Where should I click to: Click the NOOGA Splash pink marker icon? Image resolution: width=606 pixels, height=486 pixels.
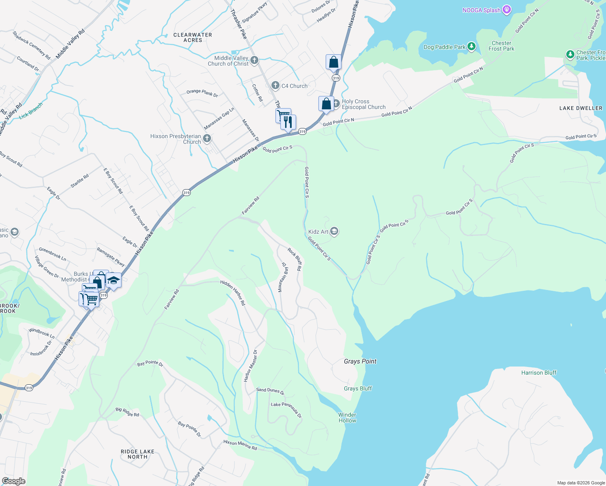(506, 10)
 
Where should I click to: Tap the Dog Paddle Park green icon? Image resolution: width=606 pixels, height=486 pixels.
(471, 47)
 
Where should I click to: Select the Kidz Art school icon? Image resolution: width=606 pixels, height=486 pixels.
(334, 232)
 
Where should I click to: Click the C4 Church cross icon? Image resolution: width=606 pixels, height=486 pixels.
(275, 85)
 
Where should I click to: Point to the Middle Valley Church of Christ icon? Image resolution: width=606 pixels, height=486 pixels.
(254, 61)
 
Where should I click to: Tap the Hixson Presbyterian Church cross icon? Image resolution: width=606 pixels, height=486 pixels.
(207, 139)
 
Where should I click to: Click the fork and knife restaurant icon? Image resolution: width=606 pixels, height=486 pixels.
(288, 122)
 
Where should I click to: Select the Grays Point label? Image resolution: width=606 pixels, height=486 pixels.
(360, 361)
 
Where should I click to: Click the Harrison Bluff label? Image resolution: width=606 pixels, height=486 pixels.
(539, 373)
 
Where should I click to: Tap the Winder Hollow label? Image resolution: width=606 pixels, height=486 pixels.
(347, 418)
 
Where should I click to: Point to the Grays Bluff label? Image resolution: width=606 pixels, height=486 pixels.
(358, 388)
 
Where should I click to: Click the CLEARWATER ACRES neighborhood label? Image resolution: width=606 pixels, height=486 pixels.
(192, 37)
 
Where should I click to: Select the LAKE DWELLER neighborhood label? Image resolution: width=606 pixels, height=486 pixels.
(580, 108)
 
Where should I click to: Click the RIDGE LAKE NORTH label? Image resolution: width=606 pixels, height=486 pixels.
(137, 454)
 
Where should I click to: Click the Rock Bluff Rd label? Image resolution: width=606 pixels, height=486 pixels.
(295, 259)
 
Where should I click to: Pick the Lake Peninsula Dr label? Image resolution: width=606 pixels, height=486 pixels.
(286, 410)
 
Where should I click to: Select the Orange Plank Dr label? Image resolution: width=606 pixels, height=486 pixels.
(202, 93)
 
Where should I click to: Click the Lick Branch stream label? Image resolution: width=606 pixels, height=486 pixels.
(31, 111)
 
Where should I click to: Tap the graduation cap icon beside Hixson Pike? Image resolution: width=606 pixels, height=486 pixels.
(114, 280)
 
